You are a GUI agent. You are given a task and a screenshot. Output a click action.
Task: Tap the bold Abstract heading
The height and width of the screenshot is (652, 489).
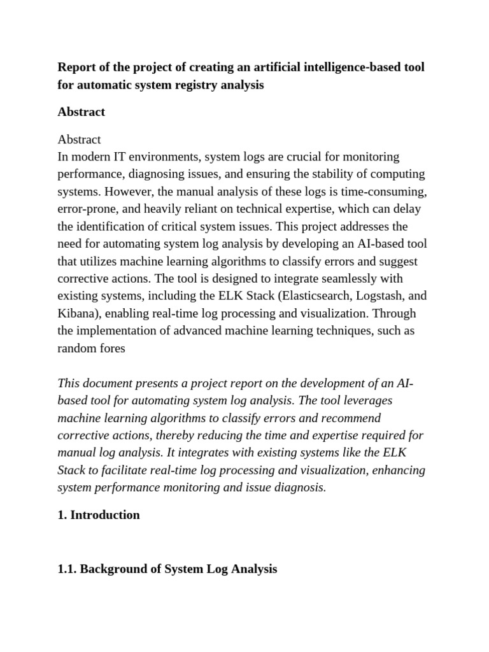coord(81,112)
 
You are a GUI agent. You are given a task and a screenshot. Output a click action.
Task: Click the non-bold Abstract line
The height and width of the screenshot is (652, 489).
coord(79,139)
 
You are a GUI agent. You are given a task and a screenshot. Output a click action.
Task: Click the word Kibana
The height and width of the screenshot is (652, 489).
coord(76,313)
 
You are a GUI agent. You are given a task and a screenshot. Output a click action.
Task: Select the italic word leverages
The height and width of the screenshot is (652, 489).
coord(367,400)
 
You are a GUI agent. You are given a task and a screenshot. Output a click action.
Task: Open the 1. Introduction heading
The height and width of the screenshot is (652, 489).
coord(99,515)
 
